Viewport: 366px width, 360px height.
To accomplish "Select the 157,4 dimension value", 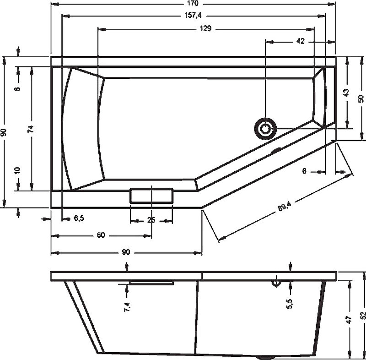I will [193, 16].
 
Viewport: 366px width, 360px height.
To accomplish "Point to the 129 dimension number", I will [205, 28].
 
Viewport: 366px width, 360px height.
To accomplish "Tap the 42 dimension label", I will [300, 41].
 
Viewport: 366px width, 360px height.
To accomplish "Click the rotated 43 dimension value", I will [346, 92].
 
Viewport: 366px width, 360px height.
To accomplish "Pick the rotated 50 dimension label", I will [361, 98].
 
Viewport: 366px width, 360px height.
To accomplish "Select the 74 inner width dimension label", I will [31, 129].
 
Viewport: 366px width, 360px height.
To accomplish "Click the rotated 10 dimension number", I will [17, 170].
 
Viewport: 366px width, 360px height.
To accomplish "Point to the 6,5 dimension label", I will [79, 218].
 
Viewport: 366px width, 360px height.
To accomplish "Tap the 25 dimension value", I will [151, 220].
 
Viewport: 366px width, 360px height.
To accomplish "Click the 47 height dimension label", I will [349, 320].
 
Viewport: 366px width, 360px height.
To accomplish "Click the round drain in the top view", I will [265, 128].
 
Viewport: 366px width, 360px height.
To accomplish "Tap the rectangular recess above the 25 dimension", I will [151, 196].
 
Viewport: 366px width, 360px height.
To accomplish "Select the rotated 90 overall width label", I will [4, 132].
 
